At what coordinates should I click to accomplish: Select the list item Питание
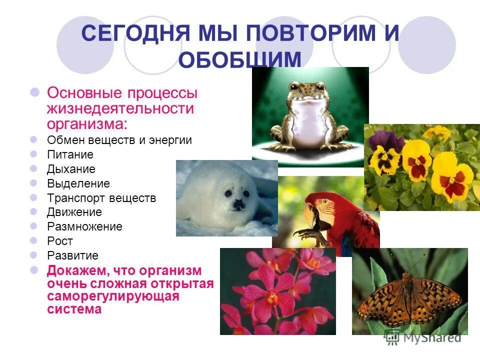pyautogui.click(x=70, y=154)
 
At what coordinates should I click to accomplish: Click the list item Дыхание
pyautogui.click(x=71, y=169)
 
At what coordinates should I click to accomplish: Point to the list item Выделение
pyautogui.click(x=78, y=183)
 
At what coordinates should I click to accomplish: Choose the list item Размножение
pyautogui.click(x=85, y=226)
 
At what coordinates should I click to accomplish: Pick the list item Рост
pyautogui.click(x=60, y=241)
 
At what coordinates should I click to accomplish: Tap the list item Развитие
pyautogui.click(x=73, y=255)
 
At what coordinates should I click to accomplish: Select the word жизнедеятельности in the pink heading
pyautogui.click(x=120, y=108)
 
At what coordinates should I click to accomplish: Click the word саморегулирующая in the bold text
pyautogui.click(x=113, y=296)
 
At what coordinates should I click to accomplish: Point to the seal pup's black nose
pyautogui.click(x=239, y=203)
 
